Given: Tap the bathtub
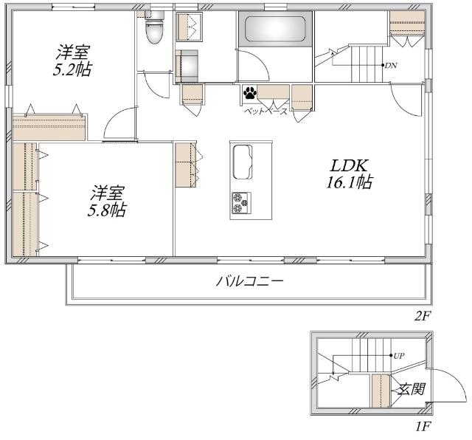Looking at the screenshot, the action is (275, 29).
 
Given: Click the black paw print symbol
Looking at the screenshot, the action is (250, 93).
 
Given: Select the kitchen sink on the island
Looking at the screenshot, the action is (243, 162).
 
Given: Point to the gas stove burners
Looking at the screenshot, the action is (241, 203).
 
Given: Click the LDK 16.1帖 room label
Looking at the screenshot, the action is (349, 174).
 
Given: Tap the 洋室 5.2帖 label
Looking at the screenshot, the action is (72, 61).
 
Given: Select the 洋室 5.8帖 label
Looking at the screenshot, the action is (107, 201).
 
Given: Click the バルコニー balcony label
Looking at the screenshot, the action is (249, 281).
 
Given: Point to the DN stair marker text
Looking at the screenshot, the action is (391, 66).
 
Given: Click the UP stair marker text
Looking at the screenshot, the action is (399, 356).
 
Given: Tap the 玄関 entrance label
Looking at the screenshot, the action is (412, 389).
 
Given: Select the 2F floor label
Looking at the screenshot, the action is (423, 316).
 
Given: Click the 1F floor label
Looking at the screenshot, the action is (423, 427).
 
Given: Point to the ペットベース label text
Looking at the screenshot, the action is (265, 111).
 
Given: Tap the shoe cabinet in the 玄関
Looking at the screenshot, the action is (381, 391).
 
